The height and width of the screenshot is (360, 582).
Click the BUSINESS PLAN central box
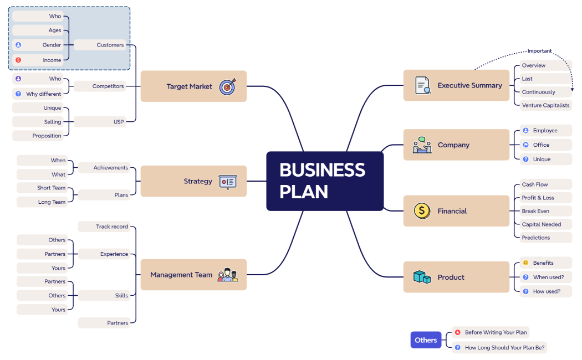click(x=325, y=181)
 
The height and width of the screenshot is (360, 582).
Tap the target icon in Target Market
click(x=227, y=86)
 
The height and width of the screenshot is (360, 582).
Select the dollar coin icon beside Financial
click(x=422, y=211)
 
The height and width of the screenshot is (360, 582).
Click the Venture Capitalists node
click(x=545, y=105)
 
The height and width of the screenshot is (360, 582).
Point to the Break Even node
click(x=535, y=211)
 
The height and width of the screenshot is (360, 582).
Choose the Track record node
click(x=105, y=227)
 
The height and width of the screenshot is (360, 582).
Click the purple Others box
click(x=426, y=340)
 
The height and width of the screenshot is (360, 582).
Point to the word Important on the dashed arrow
click(x=539, y=51)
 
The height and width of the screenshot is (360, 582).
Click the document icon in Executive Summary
click(x=423, y=85)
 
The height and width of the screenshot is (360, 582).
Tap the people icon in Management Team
click(x=227, y=275)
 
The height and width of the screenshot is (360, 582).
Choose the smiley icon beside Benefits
click(x=525, y=263)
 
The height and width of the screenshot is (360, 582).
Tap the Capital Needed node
click(x=541, y=224)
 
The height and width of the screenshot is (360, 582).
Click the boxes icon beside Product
click(x=422, y=277)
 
